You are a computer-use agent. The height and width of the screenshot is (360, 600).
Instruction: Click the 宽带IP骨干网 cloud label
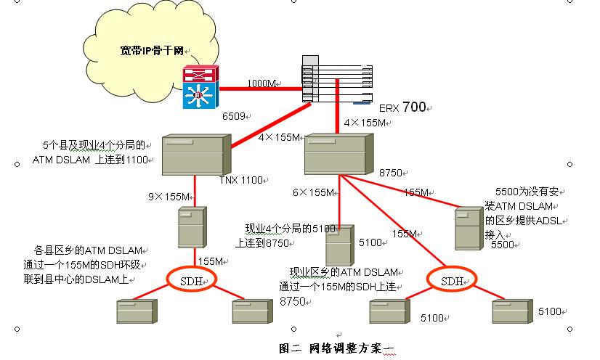[x=152, y=52]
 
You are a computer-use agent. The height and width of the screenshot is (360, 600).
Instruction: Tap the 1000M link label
[x=262, y=83]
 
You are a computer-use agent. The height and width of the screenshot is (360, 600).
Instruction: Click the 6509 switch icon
[x=198, y=87]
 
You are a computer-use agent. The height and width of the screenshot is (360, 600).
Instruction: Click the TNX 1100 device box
[x=195, y=153]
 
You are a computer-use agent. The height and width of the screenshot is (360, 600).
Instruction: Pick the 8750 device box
[x=336, y=153]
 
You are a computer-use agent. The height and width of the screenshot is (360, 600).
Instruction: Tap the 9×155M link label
[x=169, y=197]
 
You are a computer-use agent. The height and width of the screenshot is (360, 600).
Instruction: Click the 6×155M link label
[x=313, y=192]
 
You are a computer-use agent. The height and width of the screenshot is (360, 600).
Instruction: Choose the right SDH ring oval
[x=453, y=280]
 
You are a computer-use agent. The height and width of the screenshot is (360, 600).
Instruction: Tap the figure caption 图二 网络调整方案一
[x=336, y=348]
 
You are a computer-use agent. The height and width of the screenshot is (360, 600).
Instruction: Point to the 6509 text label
[x=235, y=115]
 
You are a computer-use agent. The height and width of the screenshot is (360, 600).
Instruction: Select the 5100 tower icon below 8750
[x=338, y=246]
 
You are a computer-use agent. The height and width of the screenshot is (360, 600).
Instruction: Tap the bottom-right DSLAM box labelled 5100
[x=512, y=311]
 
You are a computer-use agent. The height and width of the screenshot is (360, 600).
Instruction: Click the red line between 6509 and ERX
[x=258, y=89]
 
